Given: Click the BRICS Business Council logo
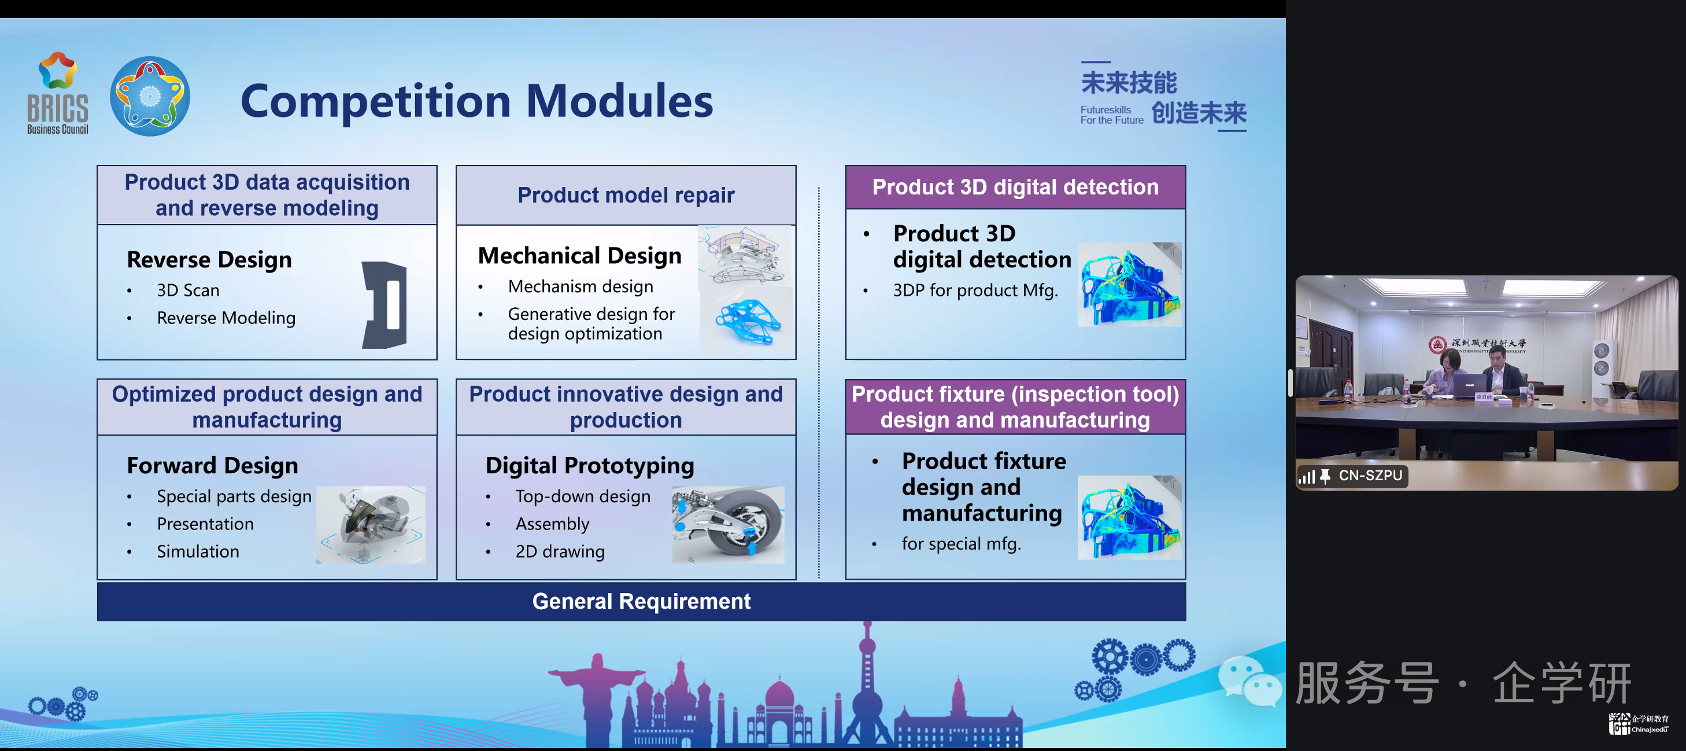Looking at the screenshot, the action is (x=58, y=93).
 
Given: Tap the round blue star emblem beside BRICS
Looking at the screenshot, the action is (x=150, y=96).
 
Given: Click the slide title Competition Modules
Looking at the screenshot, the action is (x=476, y=101).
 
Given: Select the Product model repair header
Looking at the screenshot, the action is (x=626, y=195).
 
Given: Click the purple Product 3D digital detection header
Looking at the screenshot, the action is (x=1015, y=187).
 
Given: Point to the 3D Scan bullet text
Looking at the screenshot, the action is (x=188, y=290).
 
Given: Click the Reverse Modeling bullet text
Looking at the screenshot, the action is (x=226, y=318).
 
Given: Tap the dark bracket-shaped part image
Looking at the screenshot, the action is (x=385, y=304).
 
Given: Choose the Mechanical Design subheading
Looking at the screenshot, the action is (x=579, y=255).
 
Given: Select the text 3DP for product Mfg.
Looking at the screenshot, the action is (x=975, y=290).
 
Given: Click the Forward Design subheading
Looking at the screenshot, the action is (x=212, y=466).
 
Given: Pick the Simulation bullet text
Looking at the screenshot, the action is (x=198, y=551).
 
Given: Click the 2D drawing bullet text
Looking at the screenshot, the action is (x=560, y=551).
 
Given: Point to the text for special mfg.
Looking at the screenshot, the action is (x=961, y=543).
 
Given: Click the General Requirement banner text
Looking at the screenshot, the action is (x=641, y=601).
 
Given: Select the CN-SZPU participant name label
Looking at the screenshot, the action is (x=1370, y=476).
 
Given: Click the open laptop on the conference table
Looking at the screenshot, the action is (x=1469, y=386).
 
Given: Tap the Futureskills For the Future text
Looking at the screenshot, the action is (x=1111, y=115).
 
